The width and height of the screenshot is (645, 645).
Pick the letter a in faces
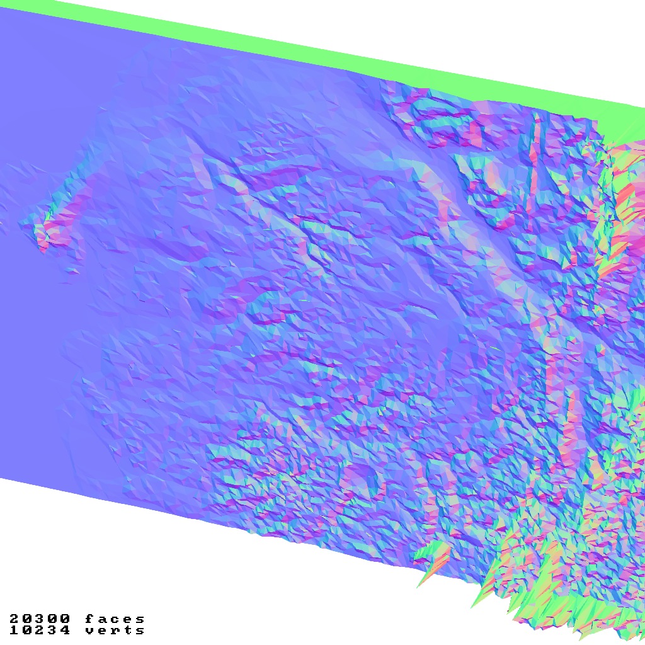pyautogui.click(x=103, y=619)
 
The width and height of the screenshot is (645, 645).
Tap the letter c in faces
pyautogui.click(x=115, y=619)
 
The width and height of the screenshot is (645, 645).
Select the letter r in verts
pyautogui.click(x=115, y=630)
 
